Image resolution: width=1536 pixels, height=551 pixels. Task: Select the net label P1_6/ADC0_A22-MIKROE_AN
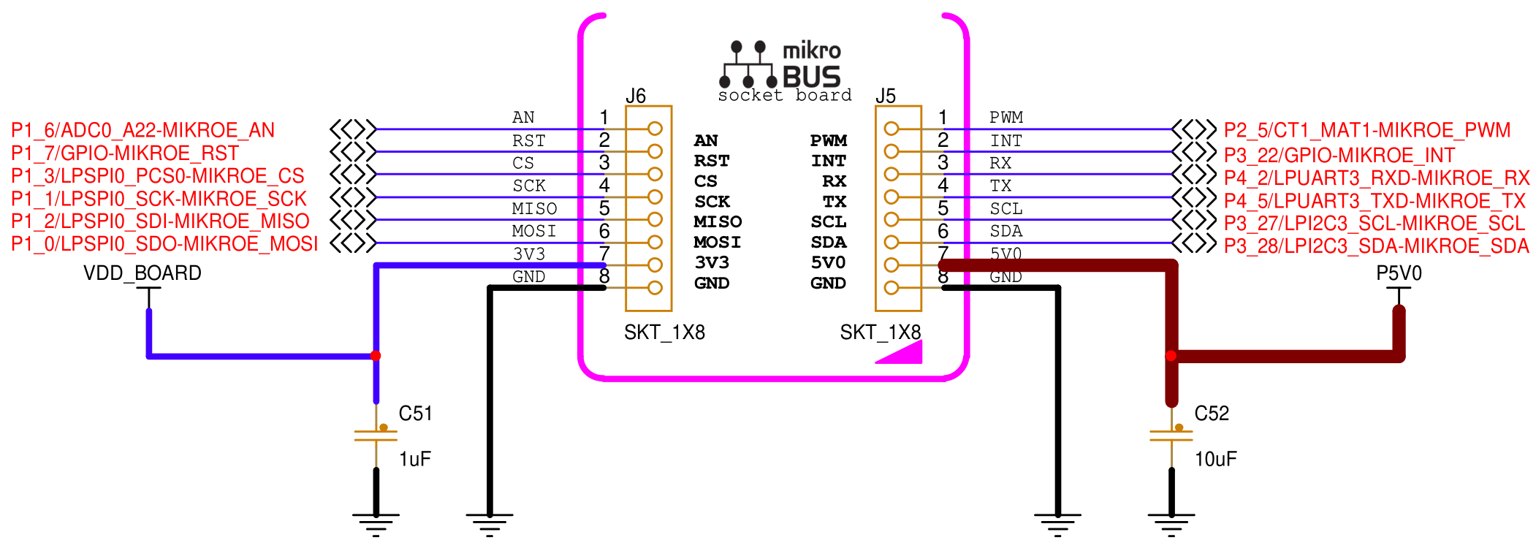click(143, 130)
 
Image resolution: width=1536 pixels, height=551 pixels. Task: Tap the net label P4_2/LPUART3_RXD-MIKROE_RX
click(1377, 178)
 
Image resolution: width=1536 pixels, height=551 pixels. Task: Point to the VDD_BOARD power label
click(142, 273)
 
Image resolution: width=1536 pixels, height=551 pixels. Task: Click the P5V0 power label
click(1399, 273)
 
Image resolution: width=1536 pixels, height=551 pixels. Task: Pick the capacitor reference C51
click(415, 414)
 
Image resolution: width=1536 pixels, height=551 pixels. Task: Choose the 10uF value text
click(1215, 459)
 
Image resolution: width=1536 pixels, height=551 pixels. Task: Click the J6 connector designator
click(636, 96)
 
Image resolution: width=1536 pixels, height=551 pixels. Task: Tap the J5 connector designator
click(886, 96)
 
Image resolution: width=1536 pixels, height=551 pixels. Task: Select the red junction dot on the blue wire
click(376, 356)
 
